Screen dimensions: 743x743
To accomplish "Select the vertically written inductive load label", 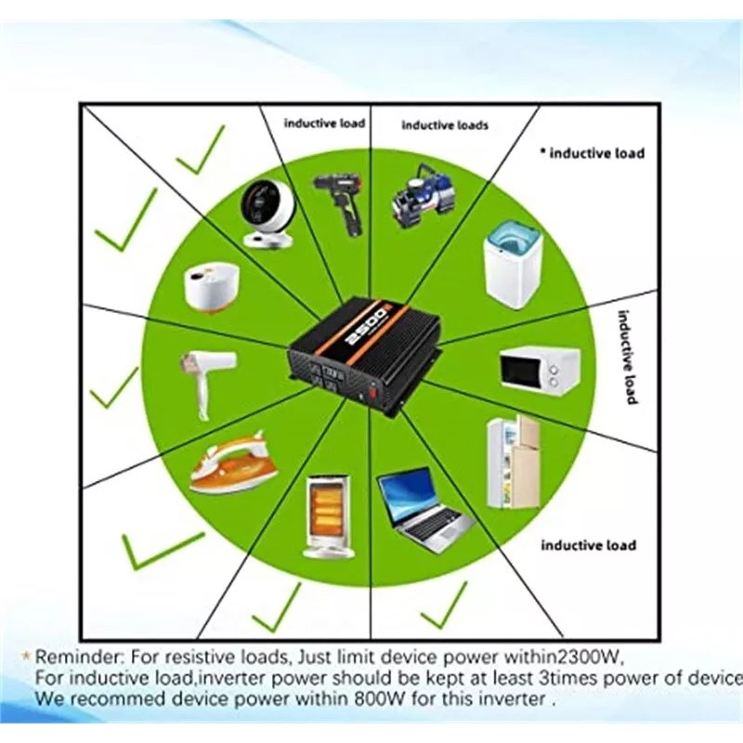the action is [x=630, y=357].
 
